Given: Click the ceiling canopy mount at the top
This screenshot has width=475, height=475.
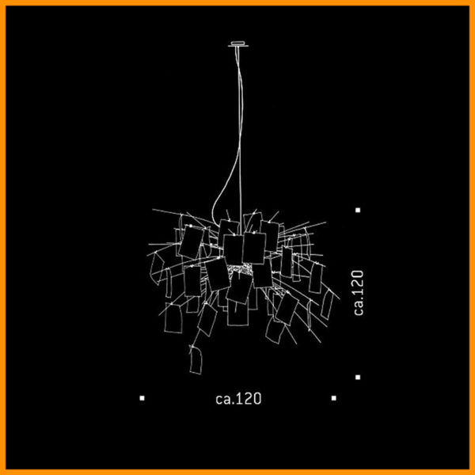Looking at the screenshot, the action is (x=238, y=44).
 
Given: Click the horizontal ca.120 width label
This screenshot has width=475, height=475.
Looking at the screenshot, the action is (x=238, y=399).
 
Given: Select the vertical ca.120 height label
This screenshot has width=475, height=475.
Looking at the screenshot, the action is (x=359, y=293).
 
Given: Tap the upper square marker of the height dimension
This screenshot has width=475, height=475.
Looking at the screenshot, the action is (x=358, y=210).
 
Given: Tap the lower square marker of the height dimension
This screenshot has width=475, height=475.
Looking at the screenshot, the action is (x=358, y=377).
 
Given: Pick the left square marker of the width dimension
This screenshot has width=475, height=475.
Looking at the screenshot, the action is (x=142, y=398).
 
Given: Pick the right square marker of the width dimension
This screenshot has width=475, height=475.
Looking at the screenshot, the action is (x=334, y=398).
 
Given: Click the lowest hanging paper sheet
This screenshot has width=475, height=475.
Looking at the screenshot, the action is (x=196, y=360).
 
